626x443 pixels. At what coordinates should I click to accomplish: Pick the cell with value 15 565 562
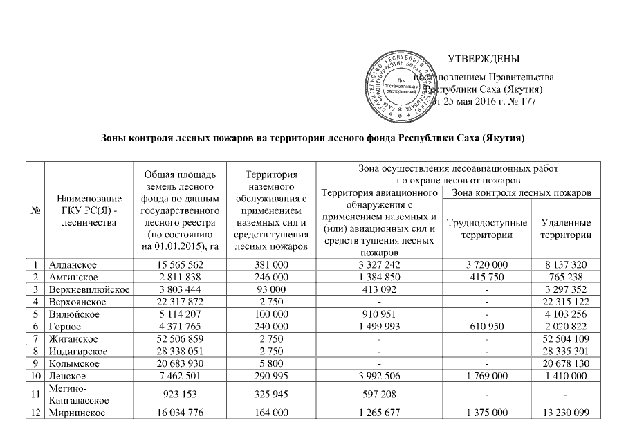[179, 264]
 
